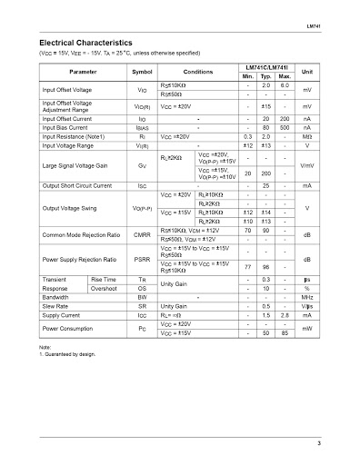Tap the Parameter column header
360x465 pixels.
tap(83, 71)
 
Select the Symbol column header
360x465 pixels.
tap(143, 71)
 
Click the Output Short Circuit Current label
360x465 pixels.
tap(78, 184)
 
